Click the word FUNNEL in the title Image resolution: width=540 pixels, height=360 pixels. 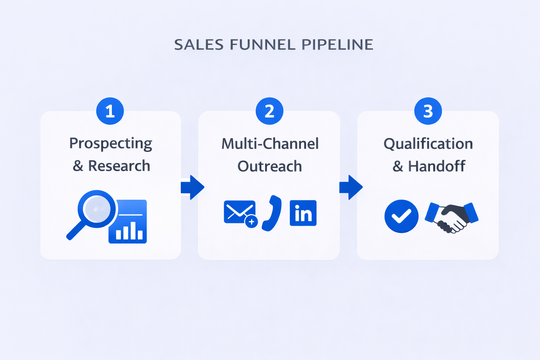point(263,45)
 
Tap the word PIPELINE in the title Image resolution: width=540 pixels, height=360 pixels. point(337,45)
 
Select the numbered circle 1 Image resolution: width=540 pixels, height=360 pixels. point(110,111)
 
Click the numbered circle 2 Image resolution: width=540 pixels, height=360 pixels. point(269,111)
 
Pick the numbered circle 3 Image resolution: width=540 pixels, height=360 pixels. point(428,111)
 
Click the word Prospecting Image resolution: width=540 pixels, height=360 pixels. point(111,144)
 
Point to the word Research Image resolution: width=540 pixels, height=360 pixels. point(119,166)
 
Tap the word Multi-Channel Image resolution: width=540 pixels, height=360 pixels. point(270,144)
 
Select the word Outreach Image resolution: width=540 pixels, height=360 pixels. point(270,166)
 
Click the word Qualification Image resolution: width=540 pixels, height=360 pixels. point(428,144)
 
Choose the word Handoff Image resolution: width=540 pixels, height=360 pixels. point(437,166)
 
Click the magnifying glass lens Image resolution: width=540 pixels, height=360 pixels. point(97,209)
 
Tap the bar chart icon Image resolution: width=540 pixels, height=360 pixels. point(128,221)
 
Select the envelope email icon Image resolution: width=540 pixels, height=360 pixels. point(239,212)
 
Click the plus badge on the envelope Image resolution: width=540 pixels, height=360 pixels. point(251,221)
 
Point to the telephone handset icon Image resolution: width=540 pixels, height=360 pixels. point(272,213)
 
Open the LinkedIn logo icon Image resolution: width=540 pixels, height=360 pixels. point(303,213)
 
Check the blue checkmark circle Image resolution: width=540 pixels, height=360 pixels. point(401,216)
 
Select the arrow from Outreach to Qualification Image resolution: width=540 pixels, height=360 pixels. point(351,187)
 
